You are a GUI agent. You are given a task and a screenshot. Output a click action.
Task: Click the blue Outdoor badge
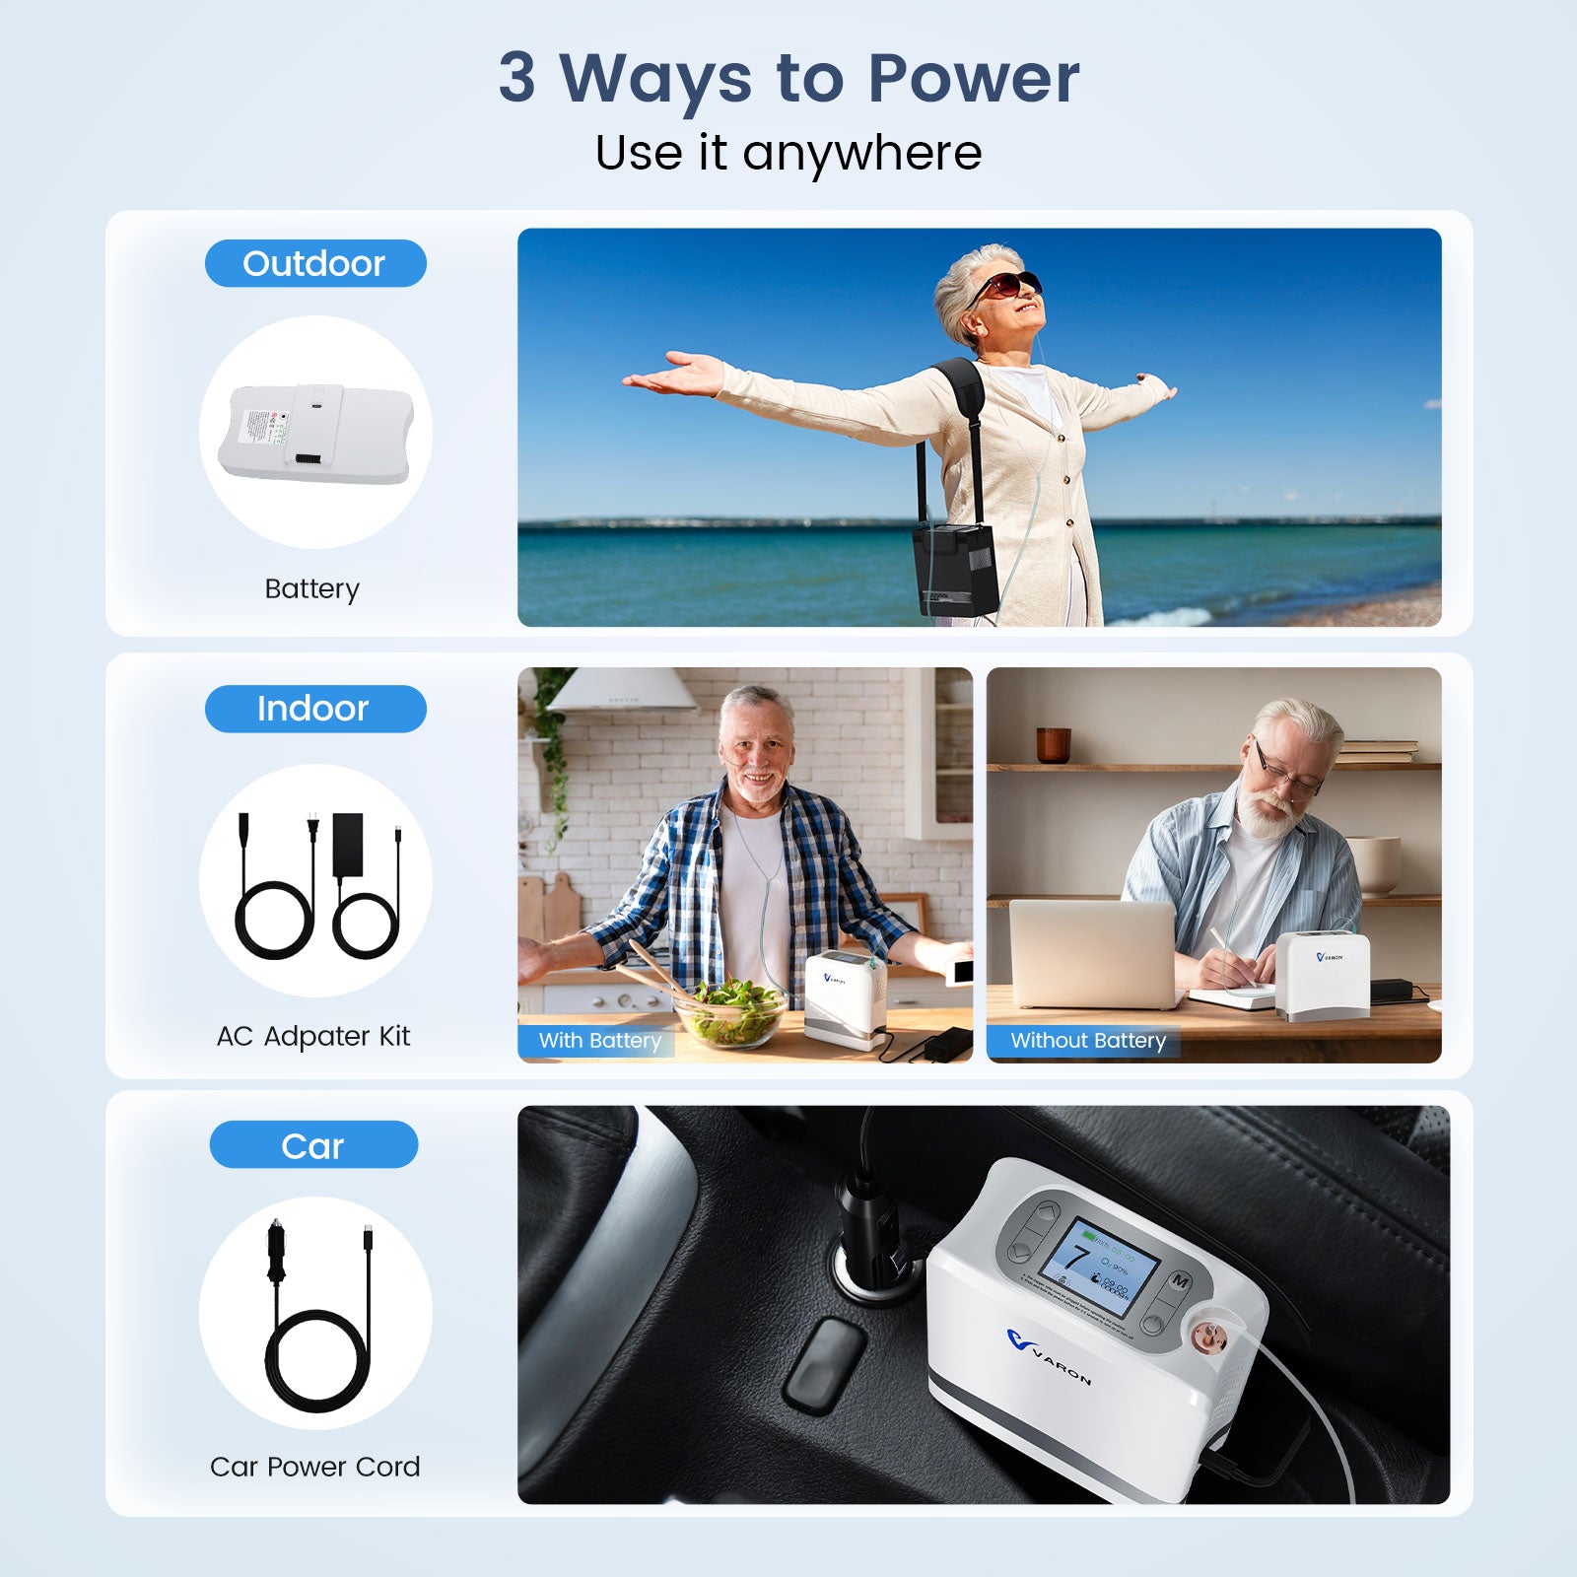click(315, 263)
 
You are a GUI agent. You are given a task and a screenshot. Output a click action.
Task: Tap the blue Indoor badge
click(315, 709)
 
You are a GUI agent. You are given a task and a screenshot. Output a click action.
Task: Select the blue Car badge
click(313, 1145)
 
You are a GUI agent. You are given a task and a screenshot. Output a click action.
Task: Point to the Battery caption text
click(312, 588)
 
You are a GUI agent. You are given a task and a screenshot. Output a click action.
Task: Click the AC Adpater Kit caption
click(313, 1036)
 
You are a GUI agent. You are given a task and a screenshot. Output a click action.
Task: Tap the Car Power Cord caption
click(315, 1467)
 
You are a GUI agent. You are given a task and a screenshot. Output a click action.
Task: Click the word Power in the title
click(973, 78)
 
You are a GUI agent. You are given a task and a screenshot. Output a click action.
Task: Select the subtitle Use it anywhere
click(788, 153)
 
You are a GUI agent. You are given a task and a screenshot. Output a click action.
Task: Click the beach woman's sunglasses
click(1005, 285)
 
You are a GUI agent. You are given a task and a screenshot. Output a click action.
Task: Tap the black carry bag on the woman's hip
click(954, 569)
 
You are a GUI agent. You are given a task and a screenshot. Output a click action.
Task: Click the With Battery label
click(598, 1041)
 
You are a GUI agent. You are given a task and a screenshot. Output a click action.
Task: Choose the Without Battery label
click(1087, 1041)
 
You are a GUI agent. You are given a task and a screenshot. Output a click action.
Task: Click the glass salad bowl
click(731, 1015)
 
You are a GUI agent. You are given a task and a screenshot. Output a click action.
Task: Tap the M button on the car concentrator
click(1180, 1281)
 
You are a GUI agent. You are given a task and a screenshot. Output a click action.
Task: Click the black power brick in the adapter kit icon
click(348, 844)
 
